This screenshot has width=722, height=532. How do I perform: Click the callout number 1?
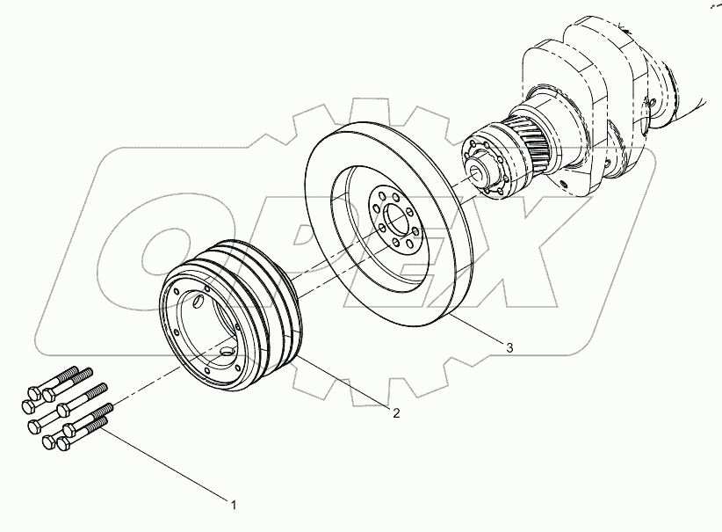(x=233, y=504)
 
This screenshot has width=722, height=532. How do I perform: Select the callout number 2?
(x=396, y=412)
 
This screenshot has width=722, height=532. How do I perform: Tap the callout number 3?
(x=509, y=348)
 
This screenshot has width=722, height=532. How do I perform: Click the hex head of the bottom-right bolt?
(x=63, y=448)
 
